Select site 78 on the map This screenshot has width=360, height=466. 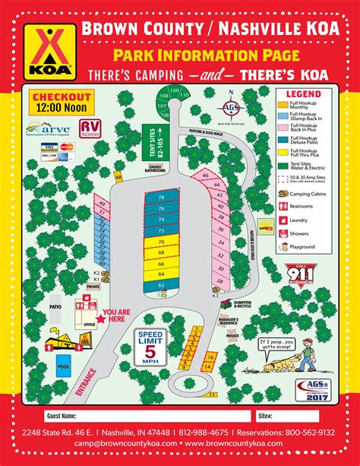coord(161,197)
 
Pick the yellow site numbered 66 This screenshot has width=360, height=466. coord(161,262)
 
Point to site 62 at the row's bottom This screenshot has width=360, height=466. coord(161,285)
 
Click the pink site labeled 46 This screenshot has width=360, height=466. coord(205,176)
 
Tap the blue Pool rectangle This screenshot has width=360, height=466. coord(63,366)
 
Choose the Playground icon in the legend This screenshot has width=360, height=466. coord(284,247)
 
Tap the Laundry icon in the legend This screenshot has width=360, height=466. coord(284,220)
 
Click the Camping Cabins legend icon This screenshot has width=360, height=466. coord(284,194)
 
